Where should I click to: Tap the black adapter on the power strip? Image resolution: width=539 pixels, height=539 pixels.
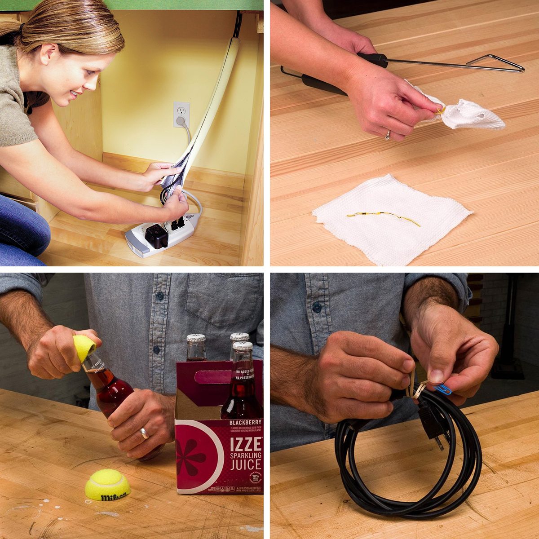pyautogui.click(x=156, y=236)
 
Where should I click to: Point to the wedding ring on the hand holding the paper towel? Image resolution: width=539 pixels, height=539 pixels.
pyautogui.click(x=387, y=134)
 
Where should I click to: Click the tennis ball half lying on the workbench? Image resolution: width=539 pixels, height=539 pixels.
pyautogui.click(x=108, y=485)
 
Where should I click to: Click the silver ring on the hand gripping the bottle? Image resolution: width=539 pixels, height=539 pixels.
pyautogui.click(x=144, y=433)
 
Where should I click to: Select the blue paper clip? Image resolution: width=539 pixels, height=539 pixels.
pyautogui.click(x=442, y=389)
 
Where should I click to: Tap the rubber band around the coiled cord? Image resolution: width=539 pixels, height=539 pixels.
pyautogui.click(x=418, y=390)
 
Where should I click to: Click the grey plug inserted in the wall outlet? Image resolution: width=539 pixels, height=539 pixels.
pyautogui.click(x=181, y=121)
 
